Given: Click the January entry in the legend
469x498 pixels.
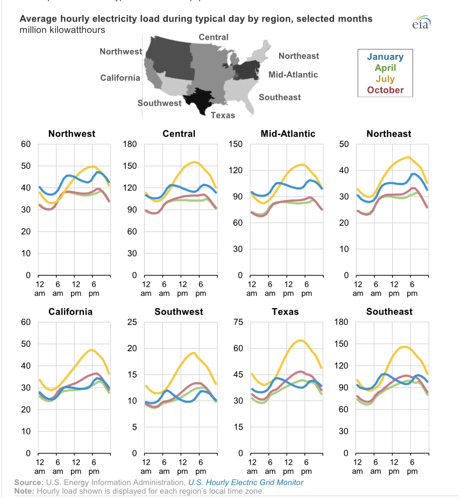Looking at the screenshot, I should click(385, 56).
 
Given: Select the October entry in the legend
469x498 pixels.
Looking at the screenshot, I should click(385, 90).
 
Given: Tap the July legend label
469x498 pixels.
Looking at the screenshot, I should click(385, 79).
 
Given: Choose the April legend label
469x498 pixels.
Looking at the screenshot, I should click(385, 68).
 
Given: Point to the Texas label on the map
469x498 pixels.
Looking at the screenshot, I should click(223, 115).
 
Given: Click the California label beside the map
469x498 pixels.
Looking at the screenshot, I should click(120, 78).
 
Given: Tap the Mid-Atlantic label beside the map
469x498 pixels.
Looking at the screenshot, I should click(293, 74).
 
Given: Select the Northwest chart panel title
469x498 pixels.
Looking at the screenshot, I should click(72, 133).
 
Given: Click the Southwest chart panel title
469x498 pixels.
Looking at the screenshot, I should click(179, 311).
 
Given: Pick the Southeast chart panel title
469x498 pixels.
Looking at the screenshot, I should click(389, 311).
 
